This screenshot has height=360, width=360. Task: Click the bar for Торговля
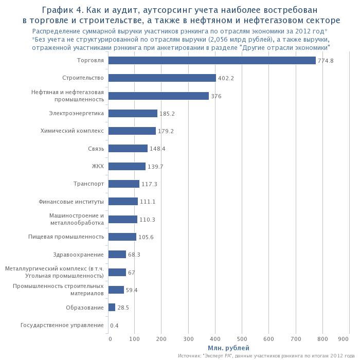pos(212,61)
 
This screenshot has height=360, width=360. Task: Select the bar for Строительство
pos(163,78)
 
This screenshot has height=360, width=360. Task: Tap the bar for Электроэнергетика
pos(133,114)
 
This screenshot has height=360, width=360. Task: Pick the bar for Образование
pos(112,308)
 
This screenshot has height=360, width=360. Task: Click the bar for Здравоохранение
pos(118,255)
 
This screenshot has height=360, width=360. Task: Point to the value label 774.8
pos(326,61)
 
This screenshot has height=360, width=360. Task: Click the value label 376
pos(216,96)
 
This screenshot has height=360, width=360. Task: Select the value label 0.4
pos(114,326)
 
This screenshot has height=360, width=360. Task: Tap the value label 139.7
pos(156,167)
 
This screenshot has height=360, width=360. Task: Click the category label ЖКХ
pos(98,166)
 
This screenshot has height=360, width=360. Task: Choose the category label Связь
pos(96,149)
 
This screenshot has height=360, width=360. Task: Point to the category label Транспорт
pos(89,184)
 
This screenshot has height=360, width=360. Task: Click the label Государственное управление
pos(62,325)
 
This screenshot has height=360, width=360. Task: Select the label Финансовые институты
pos(71,202)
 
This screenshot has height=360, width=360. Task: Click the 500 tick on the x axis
pos(242,338)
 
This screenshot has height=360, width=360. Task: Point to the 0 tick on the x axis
pos(110,338)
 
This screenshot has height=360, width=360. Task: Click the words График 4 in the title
pos(64,10)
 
